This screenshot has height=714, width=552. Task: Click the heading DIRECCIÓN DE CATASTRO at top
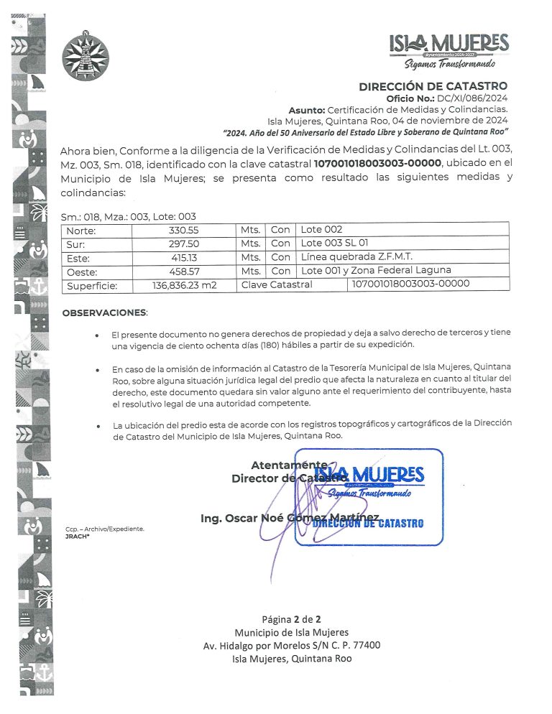point(433,87)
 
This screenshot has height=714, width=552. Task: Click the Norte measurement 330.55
point(184,230)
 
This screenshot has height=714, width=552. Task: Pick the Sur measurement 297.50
point(184,244)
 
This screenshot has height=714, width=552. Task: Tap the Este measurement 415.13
point(184,257)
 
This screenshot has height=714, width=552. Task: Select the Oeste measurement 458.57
point(184,271)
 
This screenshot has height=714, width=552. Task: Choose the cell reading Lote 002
point(322,230)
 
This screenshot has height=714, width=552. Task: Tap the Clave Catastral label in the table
point(277,284)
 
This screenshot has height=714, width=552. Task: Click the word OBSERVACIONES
point(103,313)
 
